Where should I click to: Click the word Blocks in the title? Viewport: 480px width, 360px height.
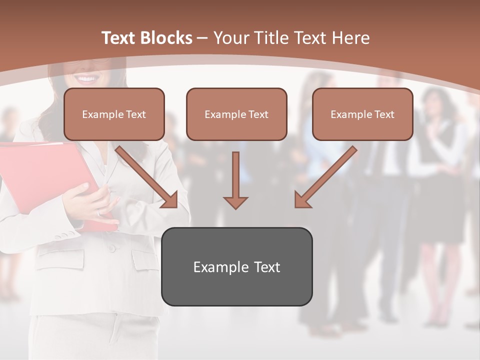166,38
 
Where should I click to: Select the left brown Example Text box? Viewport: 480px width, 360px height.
114,114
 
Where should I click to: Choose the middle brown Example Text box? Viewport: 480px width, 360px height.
236,114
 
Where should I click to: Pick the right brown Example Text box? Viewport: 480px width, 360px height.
362,114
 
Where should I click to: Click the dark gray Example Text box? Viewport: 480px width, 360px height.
236,266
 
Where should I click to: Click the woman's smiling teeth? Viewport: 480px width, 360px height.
87,79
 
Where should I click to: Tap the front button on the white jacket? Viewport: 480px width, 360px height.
112,248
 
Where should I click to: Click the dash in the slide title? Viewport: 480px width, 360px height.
203,38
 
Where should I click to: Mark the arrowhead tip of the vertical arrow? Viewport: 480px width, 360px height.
235,207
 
